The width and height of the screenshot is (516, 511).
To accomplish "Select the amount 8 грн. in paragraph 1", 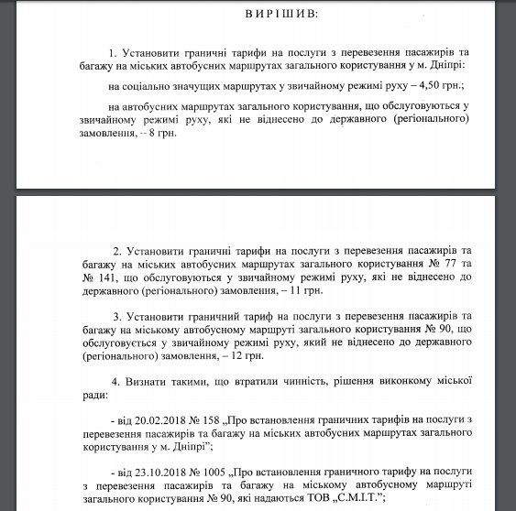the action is (x=158, y=133).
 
